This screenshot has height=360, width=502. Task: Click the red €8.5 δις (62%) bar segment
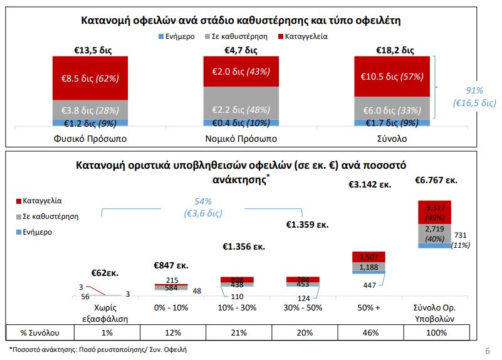point(90,78)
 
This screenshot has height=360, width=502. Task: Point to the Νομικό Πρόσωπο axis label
point(241,137)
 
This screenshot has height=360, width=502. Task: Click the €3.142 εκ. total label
point(370,185)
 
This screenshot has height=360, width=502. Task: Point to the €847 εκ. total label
point(171,265)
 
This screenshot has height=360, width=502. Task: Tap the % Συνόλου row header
point(39,332)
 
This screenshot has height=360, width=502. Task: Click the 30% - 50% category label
point(301,309)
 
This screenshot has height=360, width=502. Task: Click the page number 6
point(488,350)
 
